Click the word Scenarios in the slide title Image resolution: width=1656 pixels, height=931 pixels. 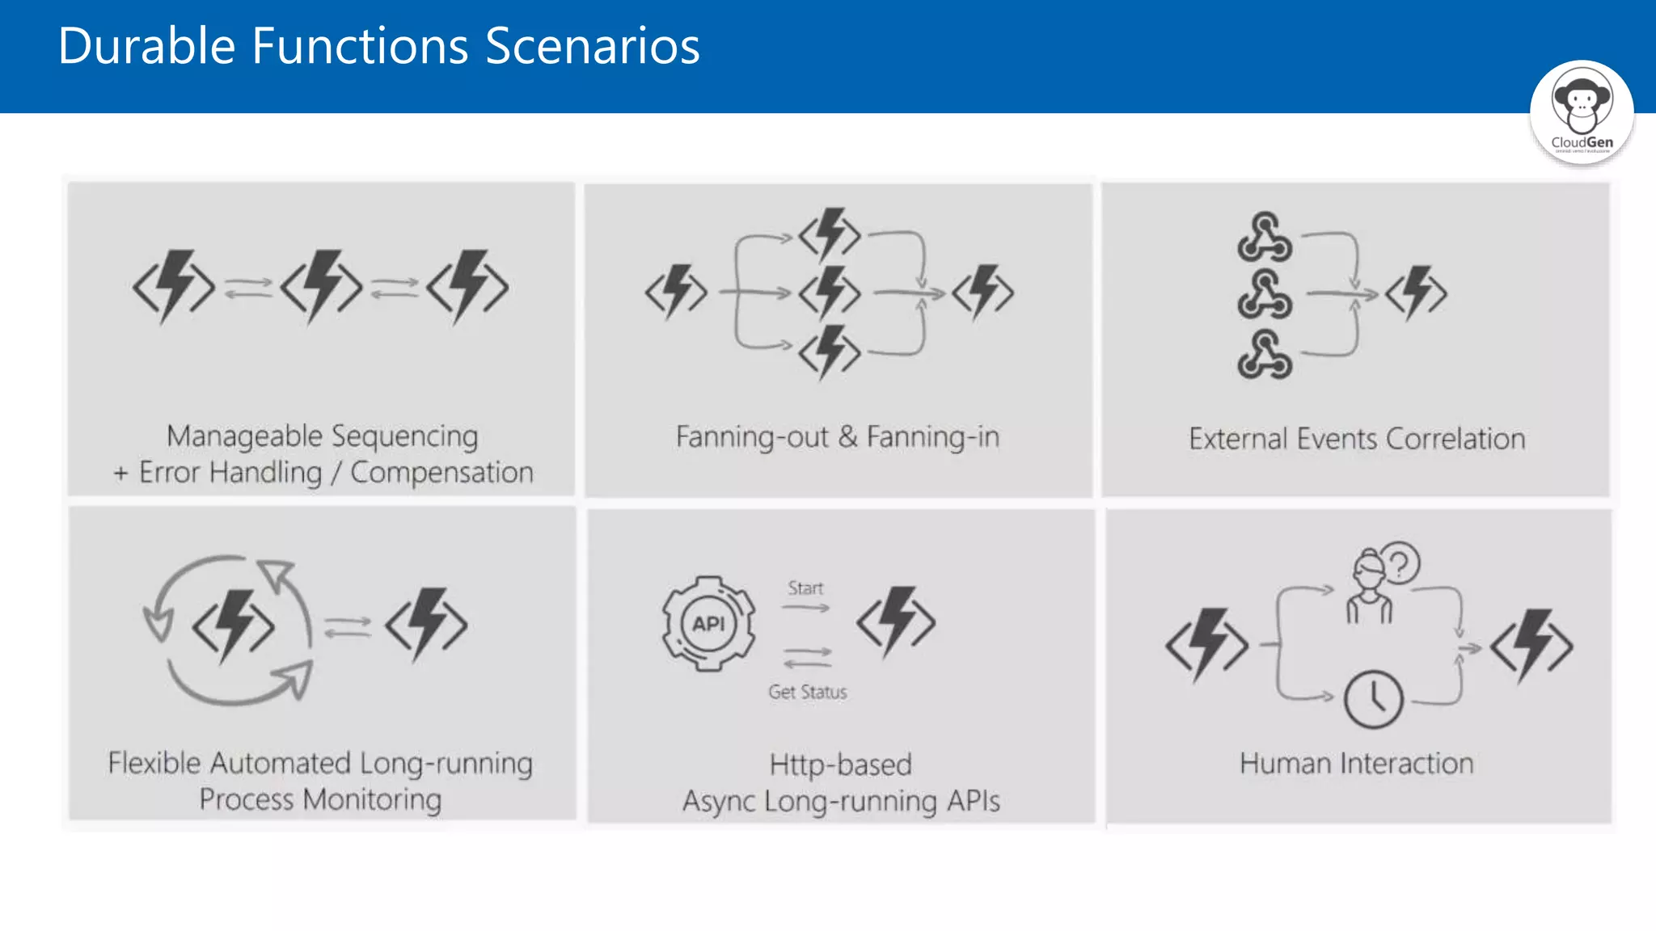click(592, 46)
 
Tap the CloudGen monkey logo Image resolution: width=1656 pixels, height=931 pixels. click(1582, 112)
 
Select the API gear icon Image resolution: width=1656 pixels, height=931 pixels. click(708, 623)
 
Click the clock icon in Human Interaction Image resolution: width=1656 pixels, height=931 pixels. click(1373, 699)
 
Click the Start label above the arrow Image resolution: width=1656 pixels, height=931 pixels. click(805, 588)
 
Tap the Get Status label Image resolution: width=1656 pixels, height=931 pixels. click(808, 692)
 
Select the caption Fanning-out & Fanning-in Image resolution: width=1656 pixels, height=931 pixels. click(838, 437)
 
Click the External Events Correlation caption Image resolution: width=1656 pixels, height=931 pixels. click(1357, 439)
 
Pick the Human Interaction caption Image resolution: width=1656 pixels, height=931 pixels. click(1357, 764)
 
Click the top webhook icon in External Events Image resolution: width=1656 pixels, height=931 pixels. click(1265, 237)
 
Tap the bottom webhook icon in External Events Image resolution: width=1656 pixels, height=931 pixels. click(1265, 355)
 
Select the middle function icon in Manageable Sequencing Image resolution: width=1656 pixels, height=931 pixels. click(322, 287)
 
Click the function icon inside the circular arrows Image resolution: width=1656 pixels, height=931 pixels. click(233, 627)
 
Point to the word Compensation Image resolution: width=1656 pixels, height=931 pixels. click(441, 473)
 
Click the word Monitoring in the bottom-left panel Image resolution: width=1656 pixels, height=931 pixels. click(372, 800)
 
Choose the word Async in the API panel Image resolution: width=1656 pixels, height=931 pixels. click(719, 802)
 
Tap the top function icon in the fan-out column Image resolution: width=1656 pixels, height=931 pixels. click(830, 234)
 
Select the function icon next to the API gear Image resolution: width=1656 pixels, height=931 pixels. click(896, 621)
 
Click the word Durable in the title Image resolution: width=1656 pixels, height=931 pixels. click(146, 46)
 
